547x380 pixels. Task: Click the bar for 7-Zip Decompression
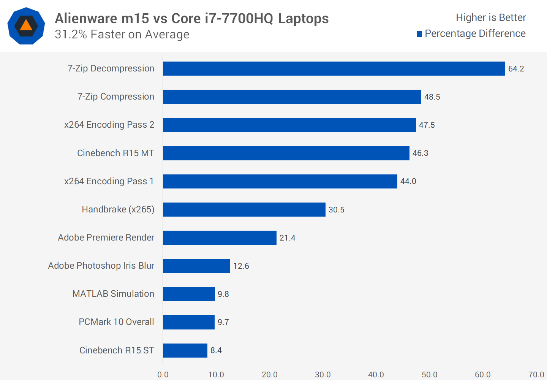click(x=334, y=68)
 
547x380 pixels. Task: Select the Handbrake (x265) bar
click(x=244, y=209)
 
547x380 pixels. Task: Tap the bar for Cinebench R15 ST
click(x=185, y=350)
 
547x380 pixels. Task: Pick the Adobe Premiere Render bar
click(x=220, y=237)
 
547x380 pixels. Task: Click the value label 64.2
click(x=516, y=69)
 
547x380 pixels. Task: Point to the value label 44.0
click(x=408, y=181)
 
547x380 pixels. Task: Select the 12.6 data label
click(x=241, y=266)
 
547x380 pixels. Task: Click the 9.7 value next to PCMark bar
click(x=223, y=322)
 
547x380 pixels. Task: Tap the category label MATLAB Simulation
click(x=113, y=294)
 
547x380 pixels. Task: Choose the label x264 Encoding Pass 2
click(x=109, y=125)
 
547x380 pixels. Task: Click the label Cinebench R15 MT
click(x=115, y=153)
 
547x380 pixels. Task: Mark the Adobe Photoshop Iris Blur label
click(x=101, y=266)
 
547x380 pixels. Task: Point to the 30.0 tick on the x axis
click(x=323, y=375)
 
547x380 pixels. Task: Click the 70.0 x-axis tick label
click(x=536, y=375)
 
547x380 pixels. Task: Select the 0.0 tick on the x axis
click(x=163, y=375)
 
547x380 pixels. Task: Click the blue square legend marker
click(x=419, y=34)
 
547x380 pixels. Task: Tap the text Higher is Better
click(x=491, y=17)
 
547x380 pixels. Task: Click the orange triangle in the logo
click(x=26, y=25)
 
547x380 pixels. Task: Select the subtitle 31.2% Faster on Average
click(x=122, y=35)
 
